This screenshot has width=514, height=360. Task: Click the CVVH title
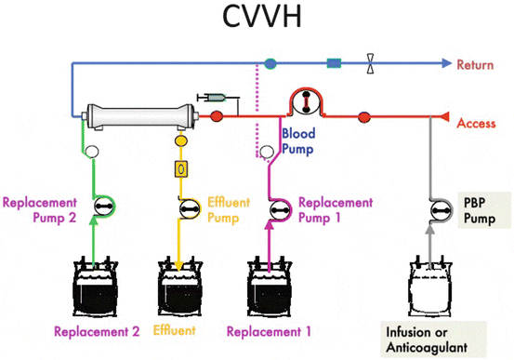tap(257, 20)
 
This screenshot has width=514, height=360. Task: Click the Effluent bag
tap(184, 283)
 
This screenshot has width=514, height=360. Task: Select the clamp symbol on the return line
tap(371, 65)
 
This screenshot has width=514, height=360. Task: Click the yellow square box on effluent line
tap(182, 170)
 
